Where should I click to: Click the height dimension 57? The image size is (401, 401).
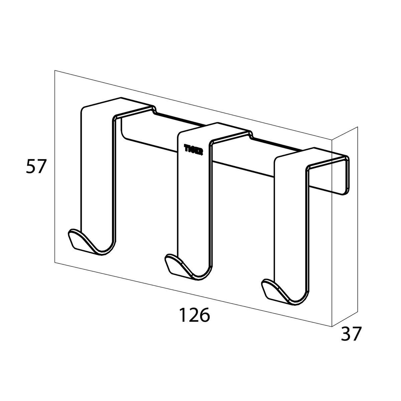coord(35,166)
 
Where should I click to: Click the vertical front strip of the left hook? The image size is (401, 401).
coord(96,167)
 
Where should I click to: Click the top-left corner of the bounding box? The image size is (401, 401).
coord(55,71)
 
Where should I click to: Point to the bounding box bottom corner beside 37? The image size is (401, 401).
coord(331,326)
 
